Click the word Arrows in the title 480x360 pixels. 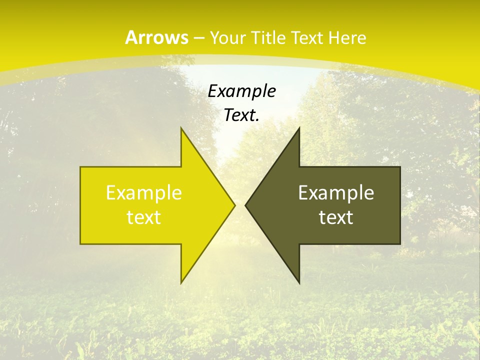pos(157,37)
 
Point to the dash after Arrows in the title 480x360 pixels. pos(199,38)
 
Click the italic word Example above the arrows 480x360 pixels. pos(242,91)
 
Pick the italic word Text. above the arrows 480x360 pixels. pos(242,115)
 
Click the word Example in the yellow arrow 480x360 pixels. pos(144,193)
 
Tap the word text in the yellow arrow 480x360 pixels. pos(144,217)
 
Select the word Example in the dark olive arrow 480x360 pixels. pos(336,193)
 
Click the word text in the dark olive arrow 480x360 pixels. pos(336,217)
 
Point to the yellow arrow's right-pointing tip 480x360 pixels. pos(234,205)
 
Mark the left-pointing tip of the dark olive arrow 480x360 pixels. pos(245,205)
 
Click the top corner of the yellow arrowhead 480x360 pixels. pos(181,128)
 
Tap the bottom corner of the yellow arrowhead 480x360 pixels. pos(181,283)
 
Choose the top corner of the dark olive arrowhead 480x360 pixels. pos(299,128)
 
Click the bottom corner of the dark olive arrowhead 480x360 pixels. pos(299,283)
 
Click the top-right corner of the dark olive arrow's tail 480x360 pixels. pos(400,167)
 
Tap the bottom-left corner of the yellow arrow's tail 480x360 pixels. pos(80,244)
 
